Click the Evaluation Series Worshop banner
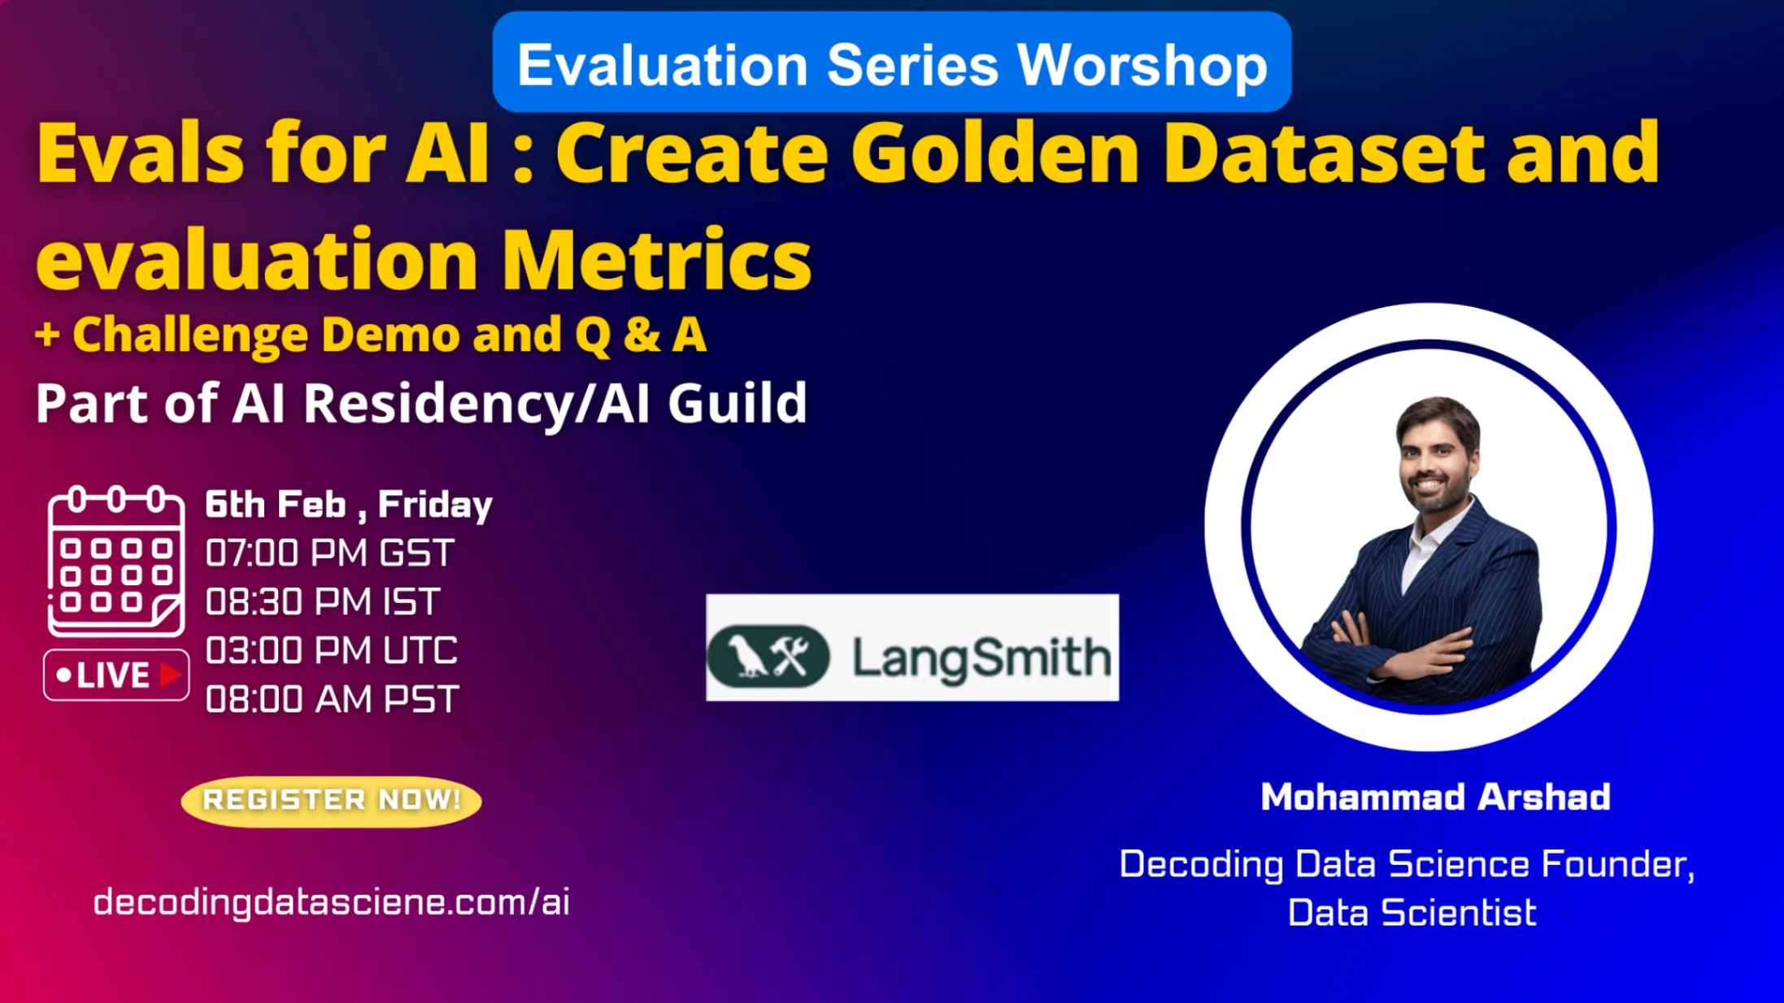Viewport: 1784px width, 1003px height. pos(892,63)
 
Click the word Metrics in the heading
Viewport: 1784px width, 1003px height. pos(657,260)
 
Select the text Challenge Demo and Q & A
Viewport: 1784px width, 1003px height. pos(389,335)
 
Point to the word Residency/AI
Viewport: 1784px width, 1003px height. pos(476,403)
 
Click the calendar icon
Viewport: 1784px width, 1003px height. pos(116,561)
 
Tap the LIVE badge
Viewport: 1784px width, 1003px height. pos(116,675)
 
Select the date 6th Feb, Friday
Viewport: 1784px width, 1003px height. pos(349,505)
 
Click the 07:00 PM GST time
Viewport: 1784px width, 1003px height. pos(329,554)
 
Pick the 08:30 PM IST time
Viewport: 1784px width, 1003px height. pos(323,602)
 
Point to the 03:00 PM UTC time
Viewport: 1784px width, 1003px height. pos(332,651)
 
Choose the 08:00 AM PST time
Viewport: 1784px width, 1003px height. pos(332,699)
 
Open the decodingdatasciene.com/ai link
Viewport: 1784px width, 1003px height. pos(332,902)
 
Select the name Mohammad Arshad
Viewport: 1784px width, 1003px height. pos(1436,797)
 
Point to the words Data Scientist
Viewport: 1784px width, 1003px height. pos(1412,913)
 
